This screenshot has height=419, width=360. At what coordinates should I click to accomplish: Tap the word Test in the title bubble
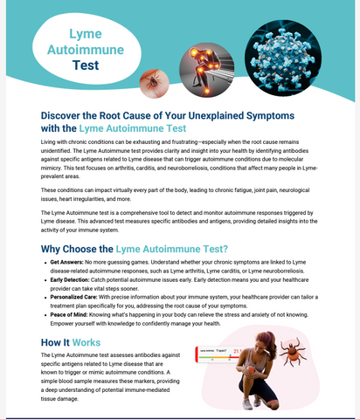point(86,65)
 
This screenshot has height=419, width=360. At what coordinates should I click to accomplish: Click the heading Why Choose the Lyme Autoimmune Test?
point(135,249)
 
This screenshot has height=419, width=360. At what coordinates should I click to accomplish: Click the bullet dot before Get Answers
point(45,262)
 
